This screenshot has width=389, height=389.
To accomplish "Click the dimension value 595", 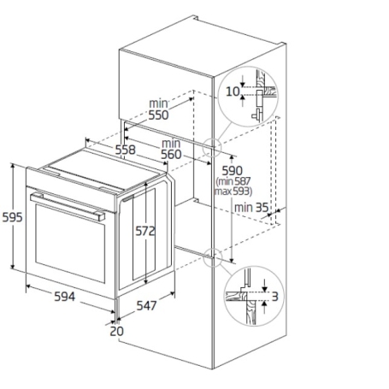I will click(x=13, y=218).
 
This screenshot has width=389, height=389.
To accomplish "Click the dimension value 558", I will click(x=126, y=149).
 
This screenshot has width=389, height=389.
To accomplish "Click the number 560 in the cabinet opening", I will click(x=171, y=155).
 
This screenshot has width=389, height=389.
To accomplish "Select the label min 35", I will click(x=251, y=207).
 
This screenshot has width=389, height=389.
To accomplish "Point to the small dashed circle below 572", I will click(x=214, y=252).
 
